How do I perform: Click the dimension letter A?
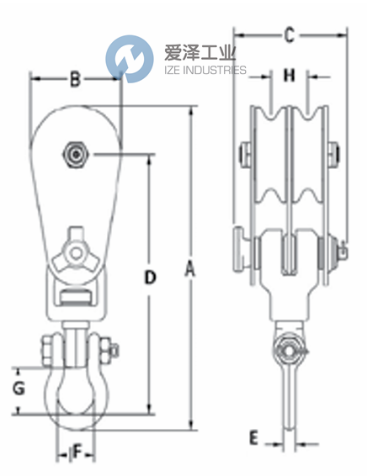(190, 269)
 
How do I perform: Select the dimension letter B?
(74, 81)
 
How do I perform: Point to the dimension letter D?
(149, 277)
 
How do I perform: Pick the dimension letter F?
(77, 452)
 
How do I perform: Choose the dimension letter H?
(289, 77)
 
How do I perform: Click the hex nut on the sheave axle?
(77, 156)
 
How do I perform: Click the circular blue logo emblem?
(130, 58)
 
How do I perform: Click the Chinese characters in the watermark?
(199, 53)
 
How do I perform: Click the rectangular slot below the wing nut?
(74, 295)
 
